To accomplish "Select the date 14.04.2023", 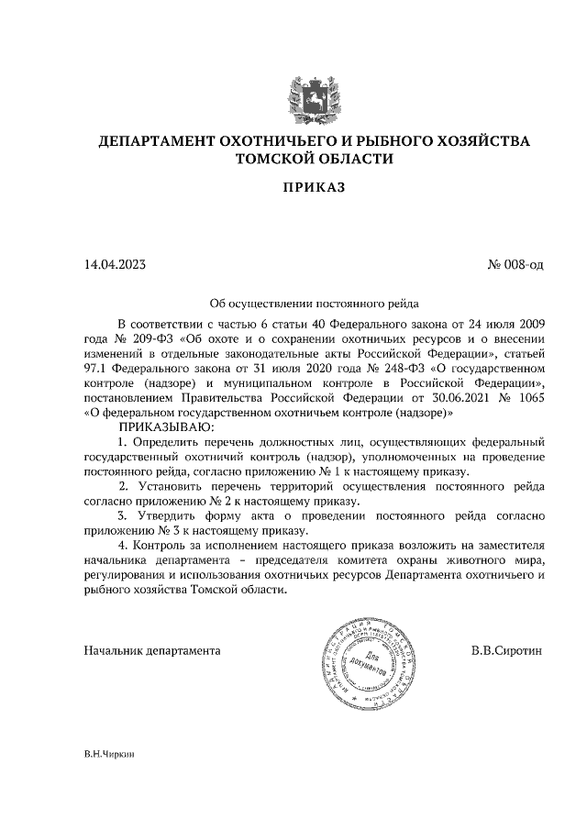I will pyautogui.click(x=115, y=265).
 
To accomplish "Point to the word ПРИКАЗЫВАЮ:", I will pyautogui.click(x=165, y=427).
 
